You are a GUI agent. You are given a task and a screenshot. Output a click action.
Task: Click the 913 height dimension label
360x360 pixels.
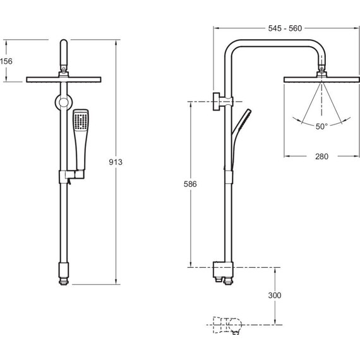pos(116,162)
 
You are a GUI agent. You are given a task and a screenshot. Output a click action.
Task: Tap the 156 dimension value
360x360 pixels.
pos(6,61)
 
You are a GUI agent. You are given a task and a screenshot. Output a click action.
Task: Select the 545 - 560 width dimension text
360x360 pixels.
pos(285,28)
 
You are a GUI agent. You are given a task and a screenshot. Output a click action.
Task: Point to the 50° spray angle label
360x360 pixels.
pos(321,126)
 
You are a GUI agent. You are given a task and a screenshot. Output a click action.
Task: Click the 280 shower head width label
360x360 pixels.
pos(321,157)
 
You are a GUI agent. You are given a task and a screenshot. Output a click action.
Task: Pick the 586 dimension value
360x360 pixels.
pos(190,184)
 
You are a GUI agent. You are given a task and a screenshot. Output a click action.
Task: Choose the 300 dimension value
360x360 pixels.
pos(275,295)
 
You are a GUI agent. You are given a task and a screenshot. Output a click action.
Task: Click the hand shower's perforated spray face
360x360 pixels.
pos(81,121)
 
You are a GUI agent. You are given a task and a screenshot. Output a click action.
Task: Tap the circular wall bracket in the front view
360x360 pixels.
pos(64,102)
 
